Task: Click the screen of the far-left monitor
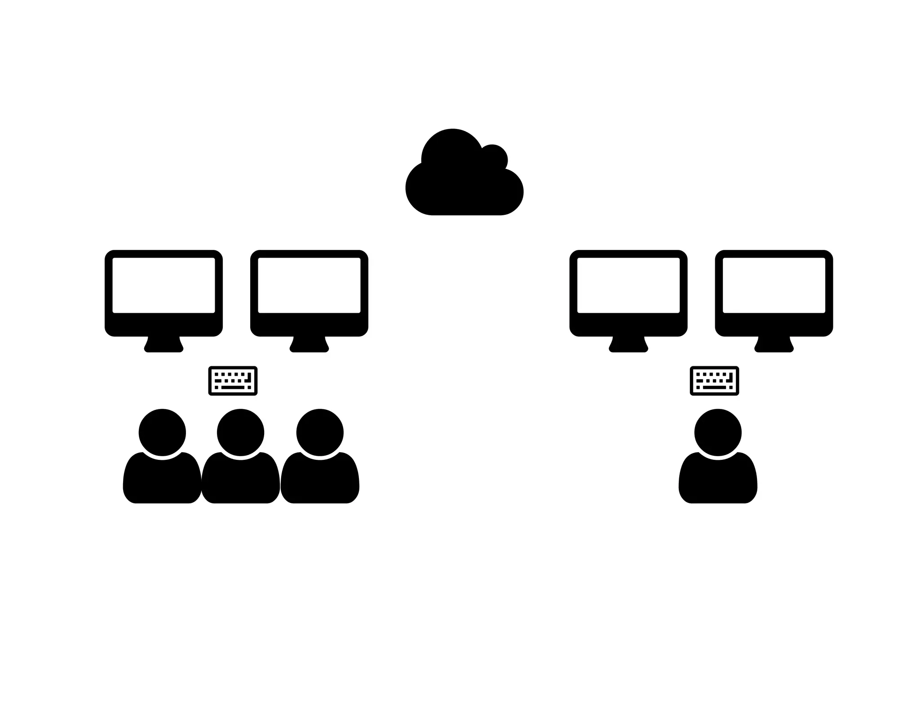tap(164, 285)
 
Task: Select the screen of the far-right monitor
tap(774, 285)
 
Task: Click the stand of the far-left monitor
tap(164, 345)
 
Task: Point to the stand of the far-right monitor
tap(774, 345)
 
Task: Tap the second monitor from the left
tap(309, 292)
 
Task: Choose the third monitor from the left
tap(628, 292)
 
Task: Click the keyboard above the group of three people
tap(233, 381)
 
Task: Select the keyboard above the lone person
tap(714, 381)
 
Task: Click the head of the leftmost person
tap(162, 432)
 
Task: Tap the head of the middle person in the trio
tap(240, 432)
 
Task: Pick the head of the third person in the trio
tap(320, 432)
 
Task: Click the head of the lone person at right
tap(718, 432)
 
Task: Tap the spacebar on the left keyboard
tap(233, 387)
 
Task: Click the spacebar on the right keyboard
tap(714, 387)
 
